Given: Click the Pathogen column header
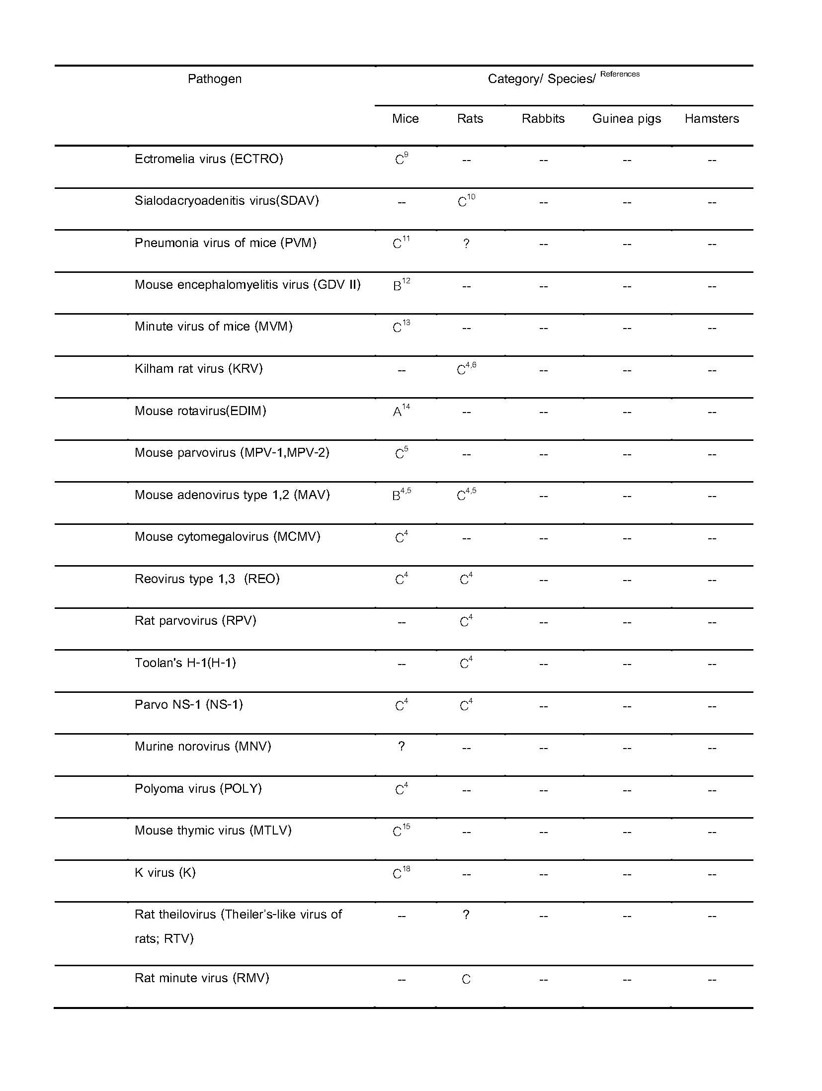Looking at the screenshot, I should pyautogui.click(x=214, y=79).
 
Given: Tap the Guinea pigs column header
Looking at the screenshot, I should pyautogui.click(x=626, y=119).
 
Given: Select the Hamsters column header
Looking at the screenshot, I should pyautogui.click(x=711, y=119).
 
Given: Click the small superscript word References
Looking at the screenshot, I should pyautogui.click(x=620, y=74).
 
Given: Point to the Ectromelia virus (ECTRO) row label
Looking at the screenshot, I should pyautogui.click(x=209, y=159).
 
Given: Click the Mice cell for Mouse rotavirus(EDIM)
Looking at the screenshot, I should pyautogui.click(x=401, y=411).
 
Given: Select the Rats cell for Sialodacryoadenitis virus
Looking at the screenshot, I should pyautogui.click(x=466, y=201).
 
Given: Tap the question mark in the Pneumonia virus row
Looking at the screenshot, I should pyautogui.click(x=466, y=244).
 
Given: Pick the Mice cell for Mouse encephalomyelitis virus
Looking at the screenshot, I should pyautogui.click(x=401, y=285).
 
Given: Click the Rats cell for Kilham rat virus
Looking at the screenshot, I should pyautogui.click(x=466, y=369).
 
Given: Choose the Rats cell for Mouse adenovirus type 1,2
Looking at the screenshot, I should pyautogui.click(x=466, y=495).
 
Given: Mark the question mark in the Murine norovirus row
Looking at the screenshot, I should pyautogui.click(x=401, y=747).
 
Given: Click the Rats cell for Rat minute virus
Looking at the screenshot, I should pyautogui.click(x=466, y=979).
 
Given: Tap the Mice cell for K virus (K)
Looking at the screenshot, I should pyautogui.click(x=401, y=873).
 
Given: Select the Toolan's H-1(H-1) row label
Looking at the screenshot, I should pyautogui.click(x=185, y=663).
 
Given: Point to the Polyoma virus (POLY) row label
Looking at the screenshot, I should pyautogui.click(x=198, y=789).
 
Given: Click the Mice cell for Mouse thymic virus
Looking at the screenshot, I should pyautogui.click(x=401, y=831).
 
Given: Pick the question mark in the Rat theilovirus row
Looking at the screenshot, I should pyautogui.click(x=466, y=915).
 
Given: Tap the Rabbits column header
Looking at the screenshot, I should pyautogui.click(x=543, y=119).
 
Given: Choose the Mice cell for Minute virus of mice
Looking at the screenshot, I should pyautogui.click(x=401, y=327).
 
